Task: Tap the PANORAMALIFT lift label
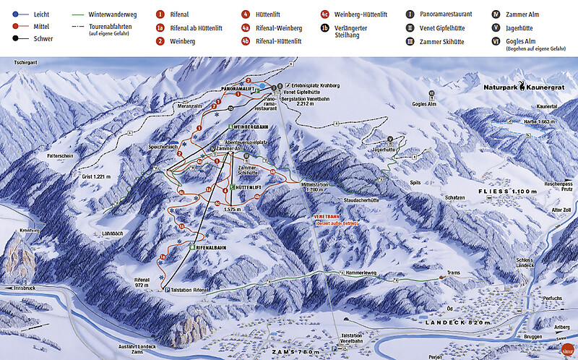click(239, 90)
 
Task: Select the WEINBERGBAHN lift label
click(252, 127)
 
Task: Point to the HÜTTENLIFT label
click(250, 187)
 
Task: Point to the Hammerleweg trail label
click(355, 273)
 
